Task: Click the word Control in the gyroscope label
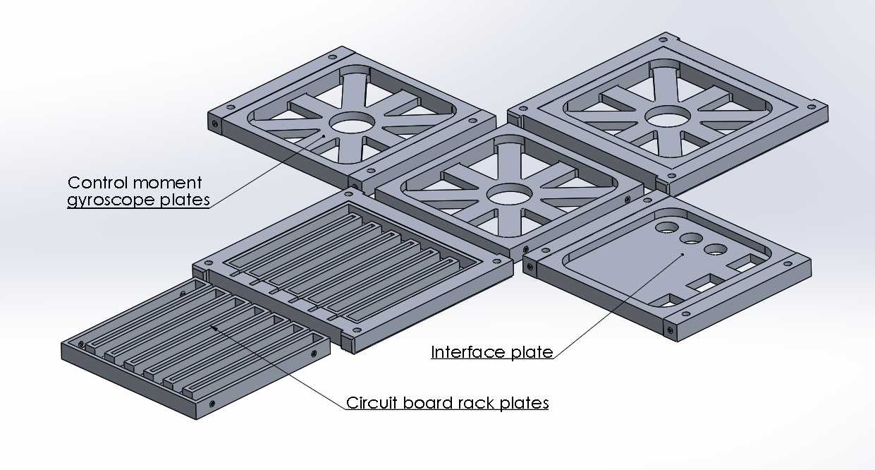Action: click(97, 183)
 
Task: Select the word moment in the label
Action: click(167, 183)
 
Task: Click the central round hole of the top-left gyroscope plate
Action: click(352, 122)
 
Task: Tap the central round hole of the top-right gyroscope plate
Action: click(668, 116)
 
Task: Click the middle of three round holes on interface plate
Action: click(692, 238)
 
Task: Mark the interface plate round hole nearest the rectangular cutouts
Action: click(716, 249)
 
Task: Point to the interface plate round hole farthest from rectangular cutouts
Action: click(667, 227)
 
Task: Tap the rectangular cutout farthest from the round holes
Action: click(668, 301)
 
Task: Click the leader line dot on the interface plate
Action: click(683, 254)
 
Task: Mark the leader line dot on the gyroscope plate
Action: click(324, 136)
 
